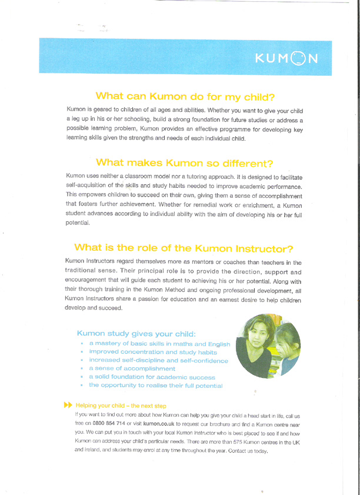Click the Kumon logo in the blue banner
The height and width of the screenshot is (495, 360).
[x=286, y=57]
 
